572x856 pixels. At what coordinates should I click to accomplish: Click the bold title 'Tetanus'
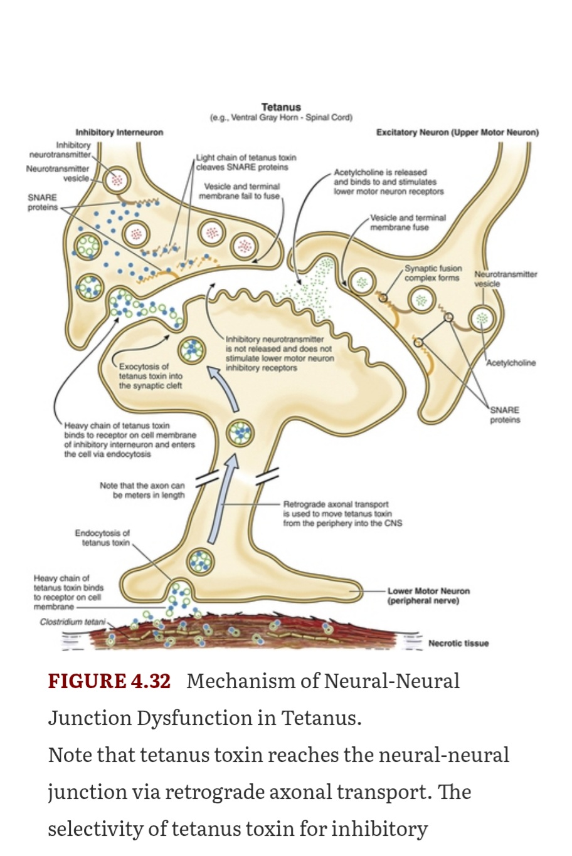pyautogui.click(x=281, y=107)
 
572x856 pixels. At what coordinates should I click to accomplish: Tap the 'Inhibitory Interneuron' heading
pyautogui.click(x=119, y=133)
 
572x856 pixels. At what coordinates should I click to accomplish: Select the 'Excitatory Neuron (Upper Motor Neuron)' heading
pyautogui.click(x=458, y=133)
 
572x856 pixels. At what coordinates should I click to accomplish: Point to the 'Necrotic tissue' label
pyautogui.click(x=458, y=643)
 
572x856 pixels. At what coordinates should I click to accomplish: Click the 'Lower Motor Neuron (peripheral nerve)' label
pyautogui.click(x=428, y=596)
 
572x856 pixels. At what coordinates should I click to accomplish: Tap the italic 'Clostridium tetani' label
pyautogui.click(x=73, y=622)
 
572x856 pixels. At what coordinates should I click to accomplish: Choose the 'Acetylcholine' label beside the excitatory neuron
pyautogui.click(x=511, y=363)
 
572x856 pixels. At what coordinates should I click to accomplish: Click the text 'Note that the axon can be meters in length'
pyautogui.click(x=142, y=490)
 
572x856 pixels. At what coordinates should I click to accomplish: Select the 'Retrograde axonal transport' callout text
pyautogui.click(x=342, y=514)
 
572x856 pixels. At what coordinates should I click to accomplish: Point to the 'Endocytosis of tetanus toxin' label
pyautogui.click(x=102, y=538)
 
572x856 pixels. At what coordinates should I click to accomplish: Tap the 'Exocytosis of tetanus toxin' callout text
pyautogui.click(x=151, y=376)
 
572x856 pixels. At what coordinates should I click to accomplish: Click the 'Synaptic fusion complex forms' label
pyautogui.click(x=433, y=273)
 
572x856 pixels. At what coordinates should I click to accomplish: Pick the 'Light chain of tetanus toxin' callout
pyautogui.click(x=246, y=162)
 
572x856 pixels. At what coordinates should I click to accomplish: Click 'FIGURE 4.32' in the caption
pyautogui.click(x=109, y=681)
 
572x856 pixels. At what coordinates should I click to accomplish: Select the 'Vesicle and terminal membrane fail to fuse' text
pyautogui.click(x=240, y=192)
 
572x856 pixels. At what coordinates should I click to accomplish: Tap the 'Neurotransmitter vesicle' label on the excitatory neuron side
pyautogui.click(x=506, y=279)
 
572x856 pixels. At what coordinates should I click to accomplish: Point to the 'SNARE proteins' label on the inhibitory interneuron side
pyautogui.click(x=43, y=202)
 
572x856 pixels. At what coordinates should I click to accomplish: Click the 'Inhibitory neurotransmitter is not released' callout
pyautogui.click(x=280, y=353)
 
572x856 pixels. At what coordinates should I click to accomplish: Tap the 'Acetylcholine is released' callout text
pyautogui.click(x=389, y=182)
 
